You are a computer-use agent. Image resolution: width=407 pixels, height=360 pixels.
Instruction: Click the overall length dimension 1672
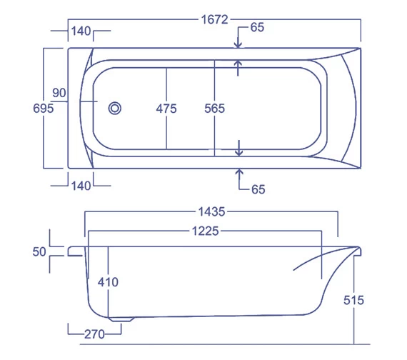pos(215,19)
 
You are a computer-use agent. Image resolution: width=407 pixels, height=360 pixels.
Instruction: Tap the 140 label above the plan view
pos(81,31)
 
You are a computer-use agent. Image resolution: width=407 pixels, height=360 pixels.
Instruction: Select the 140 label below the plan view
pos(81,186)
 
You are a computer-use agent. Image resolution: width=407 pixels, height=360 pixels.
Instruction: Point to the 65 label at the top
pos(257,27)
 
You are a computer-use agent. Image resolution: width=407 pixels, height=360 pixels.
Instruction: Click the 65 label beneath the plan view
pos(258,189)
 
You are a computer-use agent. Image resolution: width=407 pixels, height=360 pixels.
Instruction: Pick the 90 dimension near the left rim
pos(59,93)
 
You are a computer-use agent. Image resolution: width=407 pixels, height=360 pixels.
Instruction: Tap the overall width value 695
pos(44,109)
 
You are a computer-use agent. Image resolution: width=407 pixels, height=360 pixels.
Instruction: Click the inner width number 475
pos(166,109)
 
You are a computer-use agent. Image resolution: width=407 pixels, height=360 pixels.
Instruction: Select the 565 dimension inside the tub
pos(215,109)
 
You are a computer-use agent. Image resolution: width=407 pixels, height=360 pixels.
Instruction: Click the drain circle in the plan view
pos(115,109)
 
